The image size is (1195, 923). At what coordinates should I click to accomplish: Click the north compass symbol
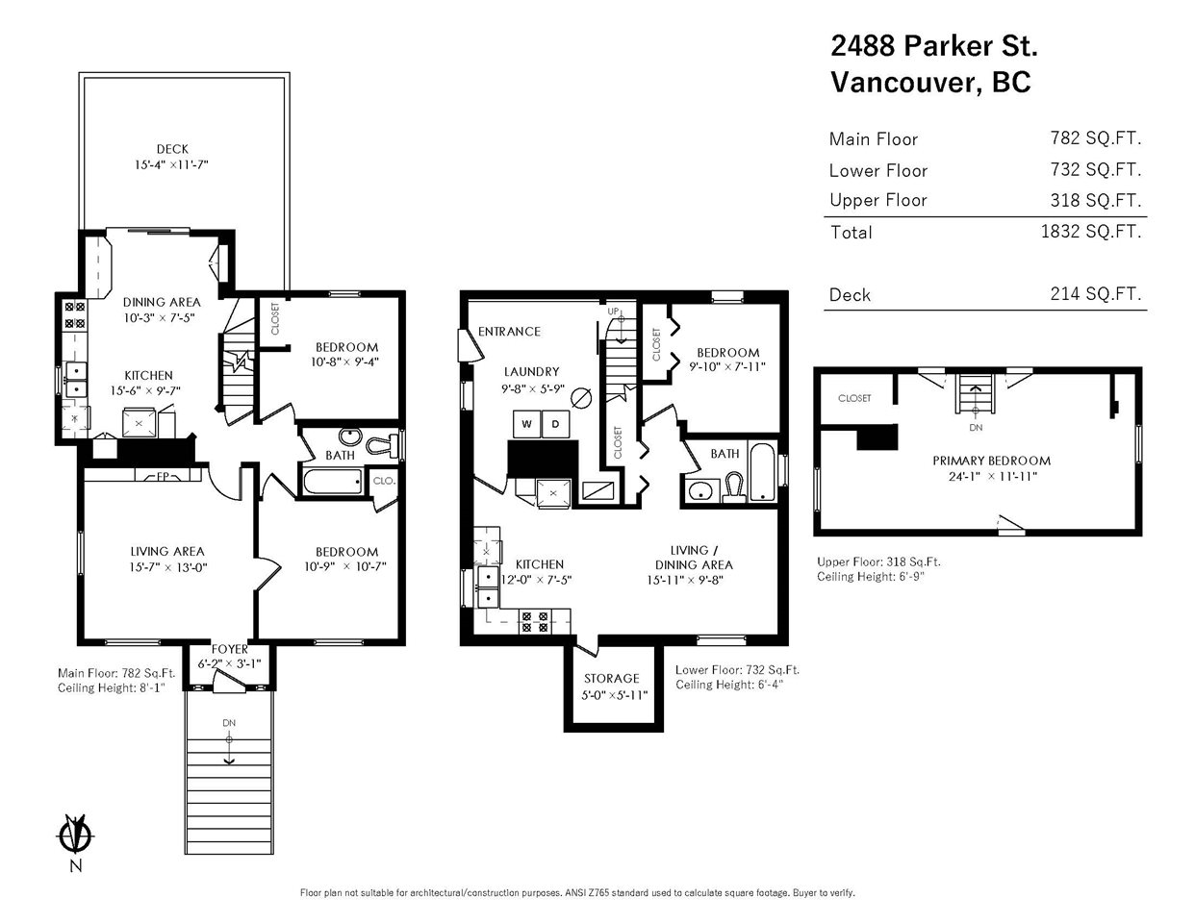tap(76, 835)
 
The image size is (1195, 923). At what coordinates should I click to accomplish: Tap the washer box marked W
tap(527, 424)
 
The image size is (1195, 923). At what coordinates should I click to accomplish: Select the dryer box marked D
tap(555, 424)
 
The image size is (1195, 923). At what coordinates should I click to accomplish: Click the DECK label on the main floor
tap(172, 149)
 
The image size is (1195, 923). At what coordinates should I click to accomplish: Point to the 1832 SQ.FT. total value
tap(1091, 232)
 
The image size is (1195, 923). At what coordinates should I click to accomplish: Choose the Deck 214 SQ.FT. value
tap(1096, 294)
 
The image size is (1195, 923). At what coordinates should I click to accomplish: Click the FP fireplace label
tap(163, 476)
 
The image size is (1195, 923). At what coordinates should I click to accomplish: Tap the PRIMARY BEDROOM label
tap(992, 461)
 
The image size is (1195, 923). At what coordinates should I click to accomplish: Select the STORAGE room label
tap(612, 678)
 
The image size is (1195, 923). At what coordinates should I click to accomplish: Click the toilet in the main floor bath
tap(382, 444)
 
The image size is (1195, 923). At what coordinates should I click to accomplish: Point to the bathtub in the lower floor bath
tap(762, 472)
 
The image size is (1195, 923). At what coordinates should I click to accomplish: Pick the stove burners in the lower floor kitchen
tap(535, 621)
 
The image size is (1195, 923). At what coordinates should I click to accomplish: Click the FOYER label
tap(229, 649)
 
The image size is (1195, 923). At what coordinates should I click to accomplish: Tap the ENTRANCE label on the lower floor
tap(509, 332)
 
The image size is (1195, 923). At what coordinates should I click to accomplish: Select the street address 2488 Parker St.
tap(934, 45)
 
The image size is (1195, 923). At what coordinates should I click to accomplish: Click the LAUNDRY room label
tap(531, 371)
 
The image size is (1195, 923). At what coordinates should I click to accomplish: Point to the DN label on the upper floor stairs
tap(976, 427)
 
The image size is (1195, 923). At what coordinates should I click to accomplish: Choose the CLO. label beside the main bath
tap(384, 481)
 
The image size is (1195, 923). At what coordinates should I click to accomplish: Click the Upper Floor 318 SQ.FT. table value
tap(1096, 200)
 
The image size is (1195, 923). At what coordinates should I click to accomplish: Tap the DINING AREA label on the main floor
tap(162, 302)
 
